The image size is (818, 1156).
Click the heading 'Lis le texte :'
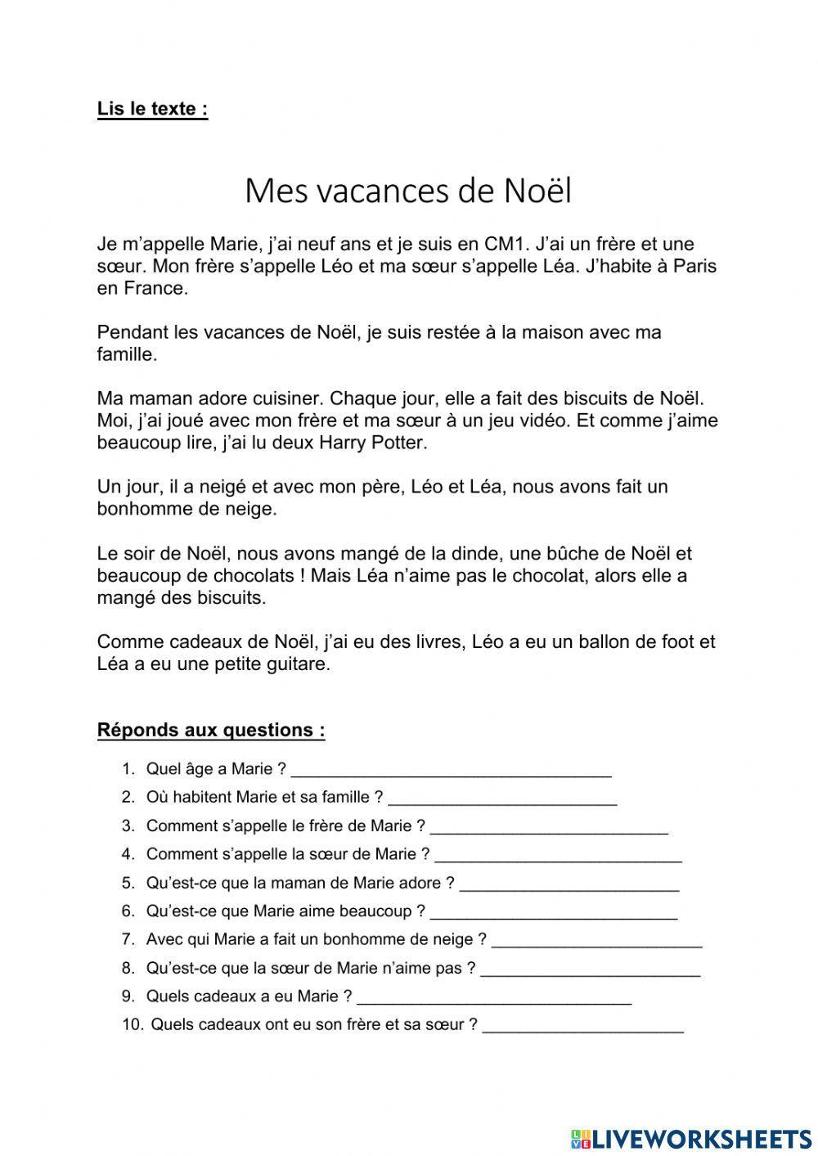click(x=152, y=109)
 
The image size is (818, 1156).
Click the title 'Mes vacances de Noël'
click(x=407, y=191)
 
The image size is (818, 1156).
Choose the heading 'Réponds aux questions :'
click(x=211, y=730)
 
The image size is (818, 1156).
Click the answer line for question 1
click(x=451, y=771)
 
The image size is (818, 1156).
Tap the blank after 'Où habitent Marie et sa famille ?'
click(x=502, y=800)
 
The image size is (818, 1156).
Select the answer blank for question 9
click(x=494, y=1000)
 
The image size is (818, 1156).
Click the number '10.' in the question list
click(x=133, y=1024)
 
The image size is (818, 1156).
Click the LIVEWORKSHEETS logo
click(x=691, y=1138)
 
